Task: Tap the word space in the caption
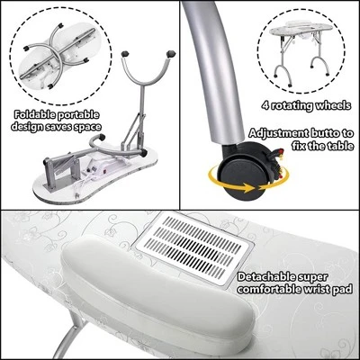point(87,127)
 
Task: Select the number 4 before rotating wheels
point(265,106)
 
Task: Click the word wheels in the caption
point(335,106)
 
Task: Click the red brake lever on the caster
point(280,151)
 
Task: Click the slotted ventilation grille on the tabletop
point(194,247)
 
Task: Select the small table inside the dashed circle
point(301,52)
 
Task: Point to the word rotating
point(293,106)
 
